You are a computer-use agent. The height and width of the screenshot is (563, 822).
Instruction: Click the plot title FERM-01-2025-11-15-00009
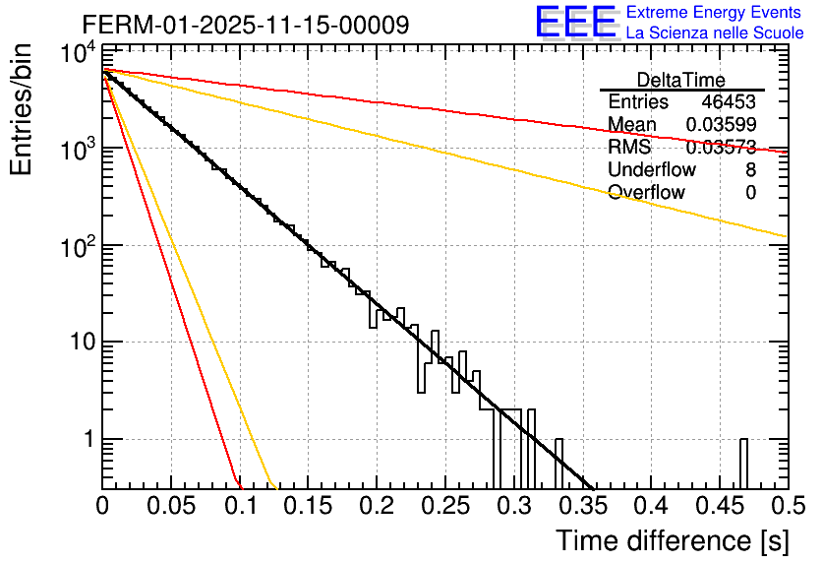point(246,25)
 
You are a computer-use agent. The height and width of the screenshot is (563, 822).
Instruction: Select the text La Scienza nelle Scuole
point(715,33)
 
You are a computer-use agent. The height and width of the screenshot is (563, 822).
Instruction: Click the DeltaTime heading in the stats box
point(681,80)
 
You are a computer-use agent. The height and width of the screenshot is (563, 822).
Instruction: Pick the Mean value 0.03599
point(721,125)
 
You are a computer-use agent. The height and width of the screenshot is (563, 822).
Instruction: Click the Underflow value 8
point(750,170)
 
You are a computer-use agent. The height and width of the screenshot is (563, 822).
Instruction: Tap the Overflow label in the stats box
point(646,193)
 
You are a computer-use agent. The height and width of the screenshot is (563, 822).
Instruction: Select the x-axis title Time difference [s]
point(672,540)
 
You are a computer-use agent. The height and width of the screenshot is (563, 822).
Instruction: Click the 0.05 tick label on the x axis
point(171,506)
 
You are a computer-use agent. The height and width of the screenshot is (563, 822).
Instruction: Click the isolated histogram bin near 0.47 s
point(743,463)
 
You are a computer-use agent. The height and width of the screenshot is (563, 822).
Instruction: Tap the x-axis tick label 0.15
point(308,506)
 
